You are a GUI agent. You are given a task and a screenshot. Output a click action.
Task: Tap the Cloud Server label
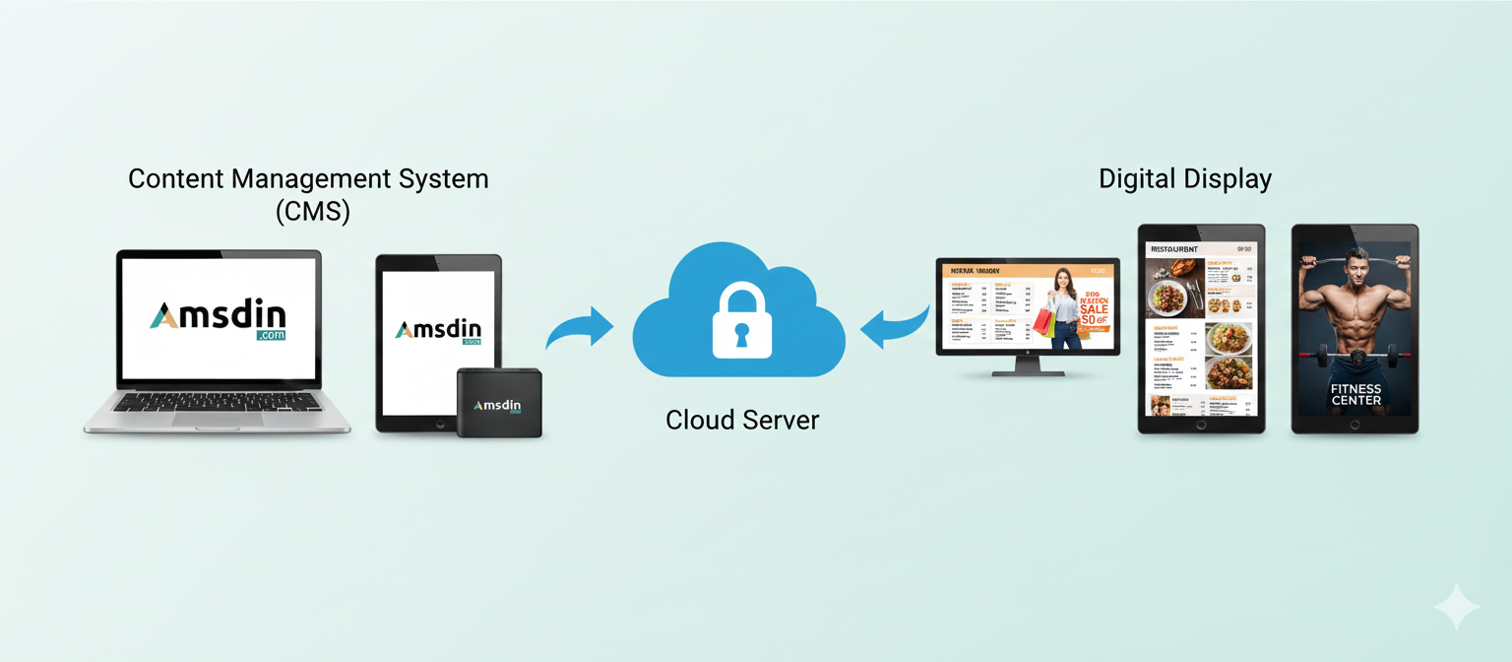click(742, 420)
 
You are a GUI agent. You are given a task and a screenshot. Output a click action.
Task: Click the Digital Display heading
click(1185, 178)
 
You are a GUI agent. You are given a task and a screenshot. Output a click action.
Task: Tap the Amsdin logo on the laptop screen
click(219, 318)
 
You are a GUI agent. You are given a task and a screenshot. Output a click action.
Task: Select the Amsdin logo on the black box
click(497, 406)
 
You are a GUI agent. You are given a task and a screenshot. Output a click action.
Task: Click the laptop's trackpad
click(218, 418)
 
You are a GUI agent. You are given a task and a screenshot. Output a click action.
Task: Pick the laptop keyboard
click(218, 401)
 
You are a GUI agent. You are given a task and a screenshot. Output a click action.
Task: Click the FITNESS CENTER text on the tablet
click(1355, 395)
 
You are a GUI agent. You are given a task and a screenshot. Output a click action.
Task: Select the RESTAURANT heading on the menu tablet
click(1177, 250)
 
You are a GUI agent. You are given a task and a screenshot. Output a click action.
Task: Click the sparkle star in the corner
click(1456, 608)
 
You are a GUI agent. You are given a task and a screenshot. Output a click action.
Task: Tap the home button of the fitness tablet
click(1355, 425)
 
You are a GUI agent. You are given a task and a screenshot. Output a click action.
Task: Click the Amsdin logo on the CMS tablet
click(438, 331)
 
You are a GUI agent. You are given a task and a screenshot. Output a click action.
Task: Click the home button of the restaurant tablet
click(1201, 426)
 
